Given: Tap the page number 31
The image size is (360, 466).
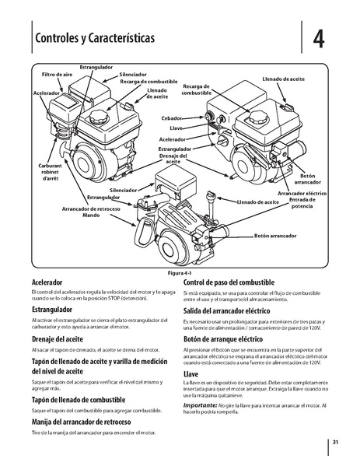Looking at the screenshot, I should [x=334, y=443].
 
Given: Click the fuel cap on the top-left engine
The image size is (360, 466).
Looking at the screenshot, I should [x=100, y=115].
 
